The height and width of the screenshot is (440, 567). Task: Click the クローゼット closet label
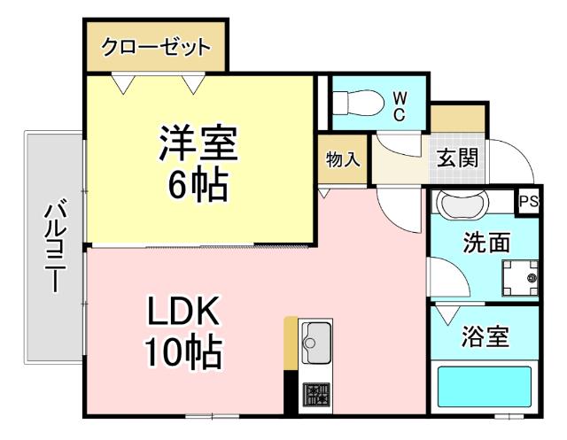click(156, 47)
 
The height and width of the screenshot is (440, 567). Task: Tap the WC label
click(400, 104)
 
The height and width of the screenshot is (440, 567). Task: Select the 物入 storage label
click(343, 160)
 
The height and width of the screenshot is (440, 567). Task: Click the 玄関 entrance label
click(458, 160)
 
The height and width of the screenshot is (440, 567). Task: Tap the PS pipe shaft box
click(529, 201)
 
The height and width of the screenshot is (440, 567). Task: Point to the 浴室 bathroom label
click(485, 336)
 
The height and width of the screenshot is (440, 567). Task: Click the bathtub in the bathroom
click(485, 387)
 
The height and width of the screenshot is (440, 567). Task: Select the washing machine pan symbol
click(519, 278)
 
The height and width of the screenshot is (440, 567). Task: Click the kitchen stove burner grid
click(315, 393)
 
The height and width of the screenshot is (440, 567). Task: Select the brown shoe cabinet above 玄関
click(458, 118)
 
